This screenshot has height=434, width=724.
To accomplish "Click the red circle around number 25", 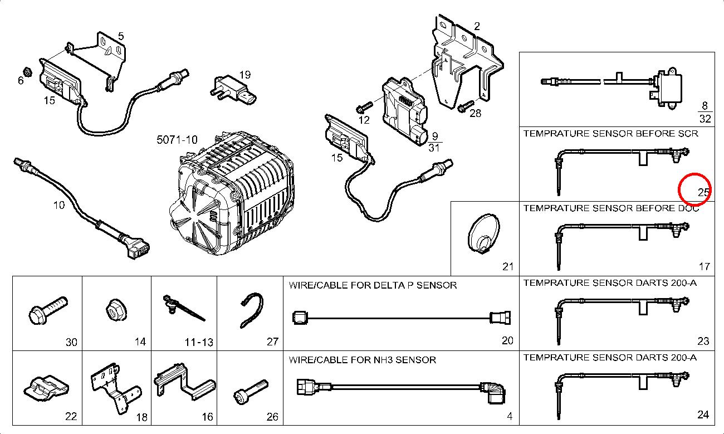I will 695,189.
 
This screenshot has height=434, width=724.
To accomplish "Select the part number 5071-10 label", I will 177,140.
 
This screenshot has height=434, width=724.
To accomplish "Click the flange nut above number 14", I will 115,310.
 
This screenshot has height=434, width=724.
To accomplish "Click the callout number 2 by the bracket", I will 477,26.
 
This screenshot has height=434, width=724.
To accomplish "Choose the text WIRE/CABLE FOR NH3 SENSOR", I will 362,360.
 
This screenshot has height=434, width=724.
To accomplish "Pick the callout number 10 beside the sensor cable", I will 58,205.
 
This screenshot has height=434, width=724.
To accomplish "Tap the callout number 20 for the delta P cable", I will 507,340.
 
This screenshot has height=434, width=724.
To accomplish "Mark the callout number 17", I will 704,266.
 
